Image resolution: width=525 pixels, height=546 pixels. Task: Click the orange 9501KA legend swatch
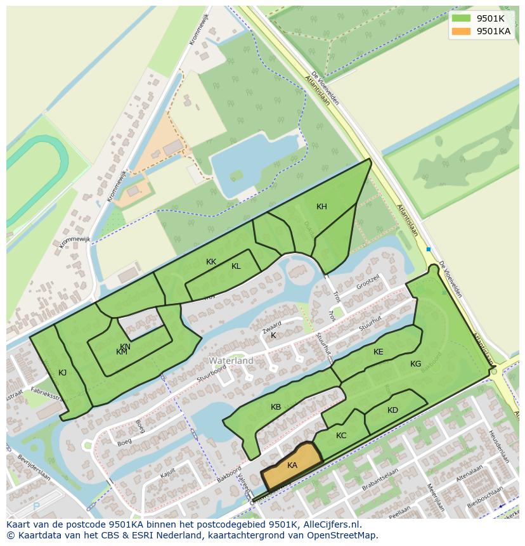[x=462, y=31]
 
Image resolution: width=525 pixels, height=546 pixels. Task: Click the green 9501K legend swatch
[x=462, y=18]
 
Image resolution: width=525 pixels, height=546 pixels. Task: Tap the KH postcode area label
[x=321, y=207]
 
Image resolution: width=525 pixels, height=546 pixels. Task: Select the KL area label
[x=236, y=266]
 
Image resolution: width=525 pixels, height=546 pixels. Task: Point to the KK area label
[x=211, y=261]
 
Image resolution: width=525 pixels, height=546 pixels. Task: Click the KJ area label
[x=62, y=373]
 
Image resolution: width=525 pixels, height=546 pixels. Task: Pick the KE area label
[x=379, y=352]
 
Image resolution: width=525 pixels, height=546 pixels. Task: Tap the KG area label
[x=415, y=364]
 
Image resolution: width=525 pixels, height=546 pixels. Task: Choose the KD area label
[x=392, y=410]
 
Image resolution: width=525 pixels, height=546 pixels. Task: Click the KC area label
[x=341, y=436]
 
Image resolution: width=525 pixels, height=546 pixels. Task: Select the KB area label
[x=276, y=407]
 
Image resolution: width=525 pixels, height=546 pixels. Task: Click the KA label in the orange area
[x=292, y=465]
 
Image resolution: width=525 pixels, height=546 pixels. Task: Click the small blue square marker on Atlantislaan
[x=429, y=249]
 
